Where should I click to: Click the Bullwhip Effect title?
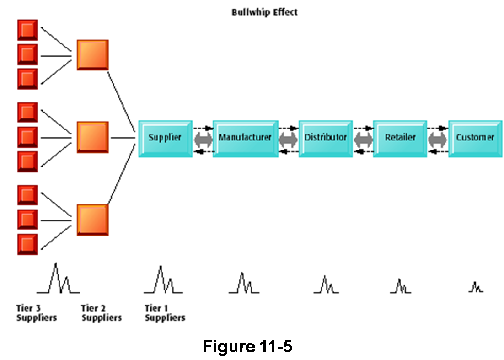point(264,12)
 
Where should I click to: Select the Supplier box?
point(165,138)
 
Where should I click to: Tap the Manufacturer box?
point(245,138)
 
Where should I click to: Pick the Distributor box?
point(325,138)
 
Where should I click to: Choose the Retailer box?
point(400,138)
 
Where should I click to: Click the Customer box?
point(475,138)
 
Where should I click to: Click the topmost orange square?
point(92,55)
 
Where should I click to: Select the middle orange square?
point(92,137)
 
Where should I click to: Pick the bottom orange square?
point(92,220)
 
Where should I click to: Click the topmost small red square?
point(27,30)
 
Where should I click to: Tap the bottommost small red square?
point(27,244)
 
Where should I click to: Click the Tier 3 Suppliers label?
point(37,313)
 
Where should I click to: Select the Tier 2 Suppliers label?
point(101,313)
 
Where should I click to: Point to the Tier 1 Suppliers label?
point(165,313)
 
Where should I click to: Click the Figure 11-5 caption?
point(247,346)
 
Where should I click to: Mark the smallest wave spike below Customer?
point(476,288)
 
